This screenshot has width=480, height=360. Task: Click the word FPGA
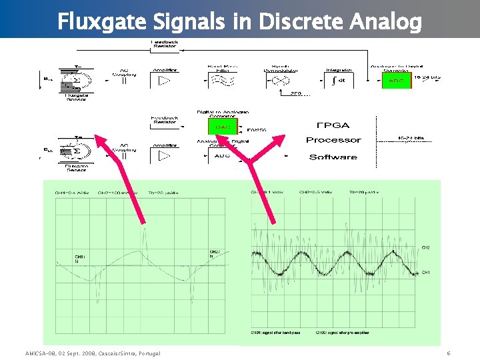pos(333,125)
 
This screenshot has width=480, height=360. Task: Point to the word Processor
pos(333,140)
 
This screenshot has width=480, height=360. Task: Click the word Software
pos(333,157)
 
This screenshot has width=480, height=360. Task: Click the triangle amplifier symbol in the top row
pos(164,81)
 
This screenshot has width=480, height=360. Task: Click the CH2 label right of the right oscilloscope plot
pos(426,247)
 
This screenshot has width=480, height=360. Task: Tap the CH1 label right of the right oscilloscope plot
pos(426,272)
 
